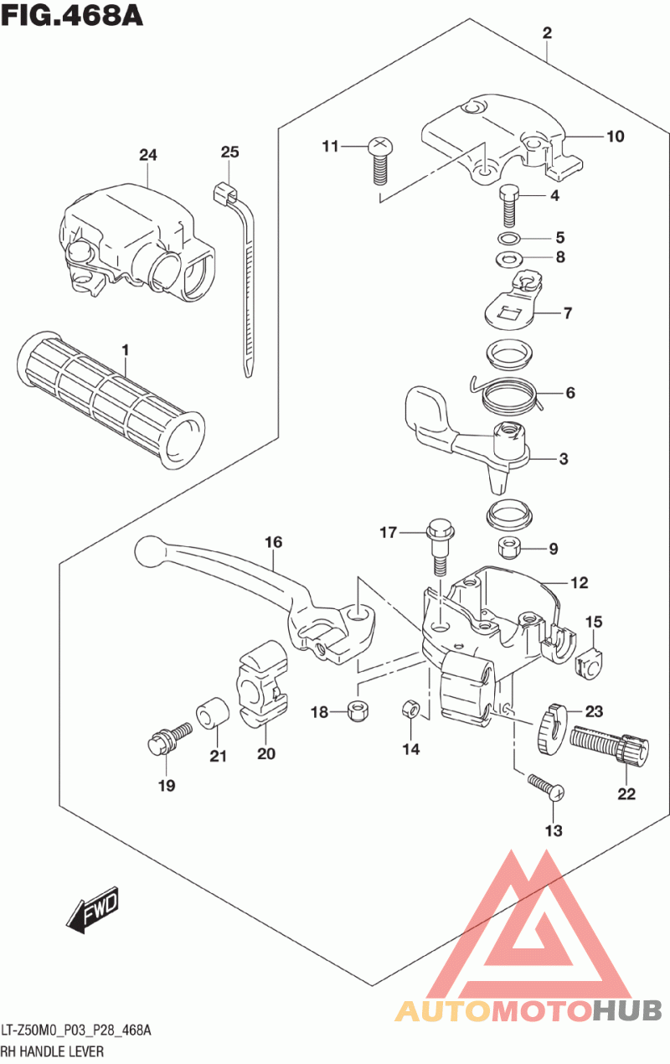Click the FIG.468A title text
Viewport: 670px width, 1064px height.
[71, 17]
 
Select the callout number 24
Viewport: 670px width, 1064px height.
[148, 155]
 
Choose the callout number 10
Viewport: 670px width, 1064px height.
[616, 137]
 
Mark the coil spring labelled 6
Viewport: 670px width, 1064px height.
[510, 392]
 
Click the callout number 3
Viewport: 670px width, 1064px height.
[564, 459]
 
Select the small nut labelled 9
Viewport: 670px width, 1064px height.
[511, 549]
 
